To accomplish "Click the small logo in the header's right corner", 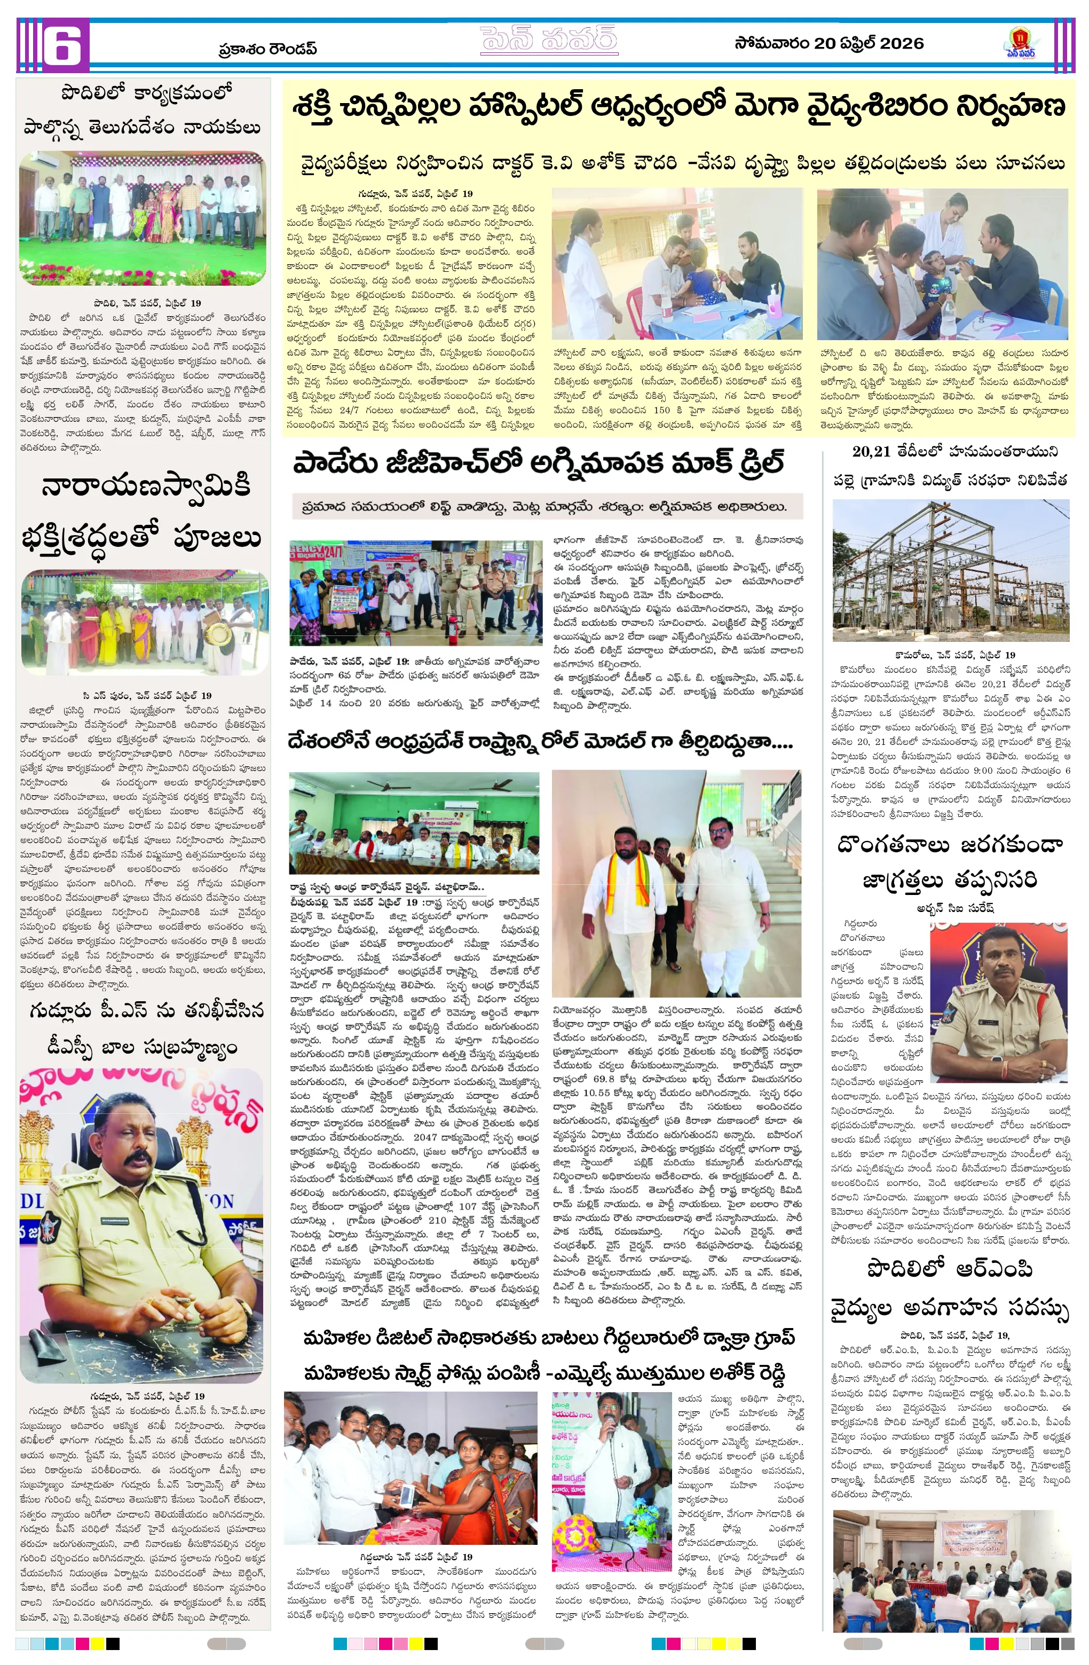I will (1021, 43).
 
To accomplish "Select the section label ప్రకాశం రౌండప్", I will (267, 48).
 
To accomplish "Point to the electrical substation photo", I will (951, 570).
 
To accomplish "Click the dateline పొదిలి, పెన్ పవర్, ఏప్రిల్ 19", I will (147, 303).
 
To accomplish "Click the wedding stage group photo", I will (143, 218).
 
